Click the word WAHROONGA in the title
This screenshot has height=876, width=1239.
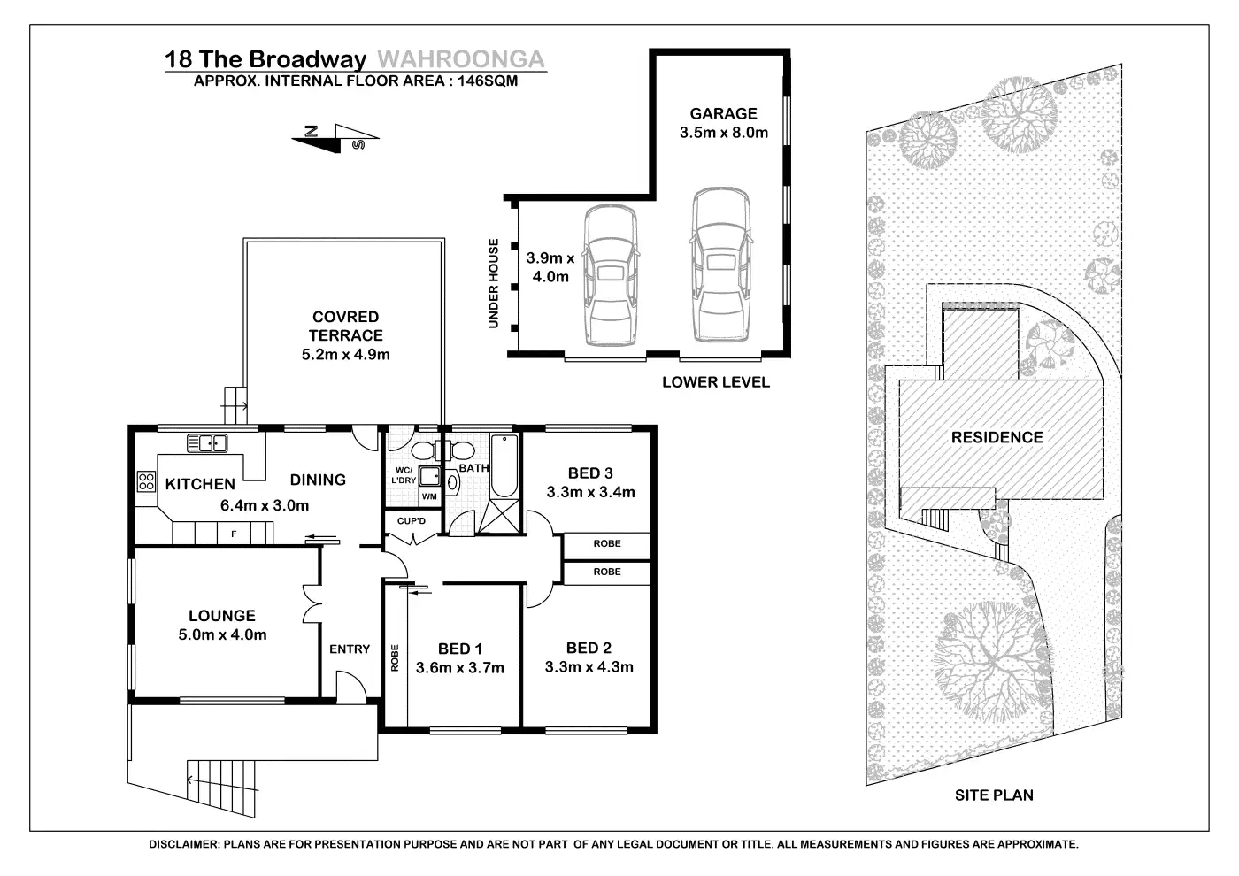461,59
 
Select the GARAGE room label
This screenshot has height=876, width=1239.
724,113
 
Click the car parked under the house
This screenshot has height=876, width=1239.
610,275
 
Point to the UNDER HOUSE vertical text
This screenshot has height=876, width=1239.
494,283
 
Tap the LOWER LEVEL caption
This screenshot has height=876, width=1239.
716,382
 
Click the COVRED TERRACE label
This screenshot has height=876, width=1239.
346,327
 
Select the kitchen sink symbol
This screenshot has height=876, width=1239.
207,443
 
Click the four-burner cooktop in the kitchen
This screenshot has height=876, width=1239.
147,481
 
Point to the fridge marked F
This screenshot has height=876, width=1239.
234,534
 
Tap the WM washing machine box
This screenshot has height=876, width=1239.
429,496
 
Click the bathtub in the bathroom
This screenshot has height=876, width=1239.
504,465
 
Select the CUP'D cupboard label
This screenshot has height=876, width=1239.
412,521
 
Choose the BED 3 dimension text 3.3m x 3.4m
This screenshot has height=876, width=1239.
591,492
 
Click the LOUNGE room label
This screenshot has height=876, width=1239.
222,616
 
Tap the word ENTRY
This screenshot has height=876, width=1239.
350,649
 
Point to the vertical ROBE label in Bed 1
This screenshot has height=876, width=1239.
395,657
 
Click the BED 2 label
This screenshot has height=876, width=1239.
589,648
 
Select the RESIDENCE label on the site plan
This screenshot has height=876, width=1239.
997,437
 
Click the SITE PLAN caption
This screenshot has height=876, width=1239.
994,795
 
